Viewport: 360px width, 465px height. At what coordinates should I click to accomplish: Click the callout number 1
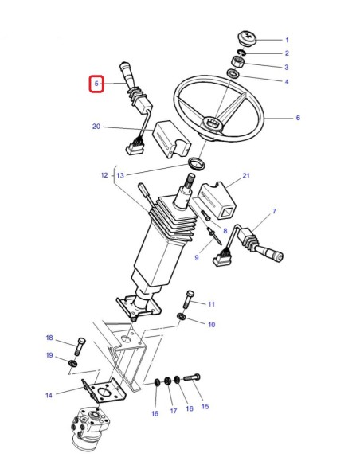pyautogui.click(x=287, y=40)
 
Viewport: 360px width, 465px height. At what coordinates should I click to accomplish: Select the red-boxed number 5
pyautogui.click(x=96, y=83)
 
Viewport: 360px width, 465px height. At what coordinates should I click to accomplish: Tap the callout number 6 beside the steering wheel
pyautogui.click(x=298, y=119)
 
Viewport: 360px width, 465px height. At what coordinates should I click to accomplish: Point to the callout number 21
pyautogui.click(x=246, y=175)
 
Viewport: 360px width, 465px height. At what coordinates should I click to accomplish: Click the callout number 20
pyautogui.click(x=96, y=127)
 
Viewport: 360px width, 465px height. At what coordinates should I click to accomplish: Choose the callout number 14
pyautogui.click(x=49, y=394)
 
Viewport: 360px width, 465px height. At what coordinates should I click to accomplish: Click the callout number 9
pyautogui.click(x=197, y=257)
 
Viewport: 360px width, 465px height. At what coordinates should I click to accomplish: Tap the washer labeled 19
pyautogui.click(x=73, y=364)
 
